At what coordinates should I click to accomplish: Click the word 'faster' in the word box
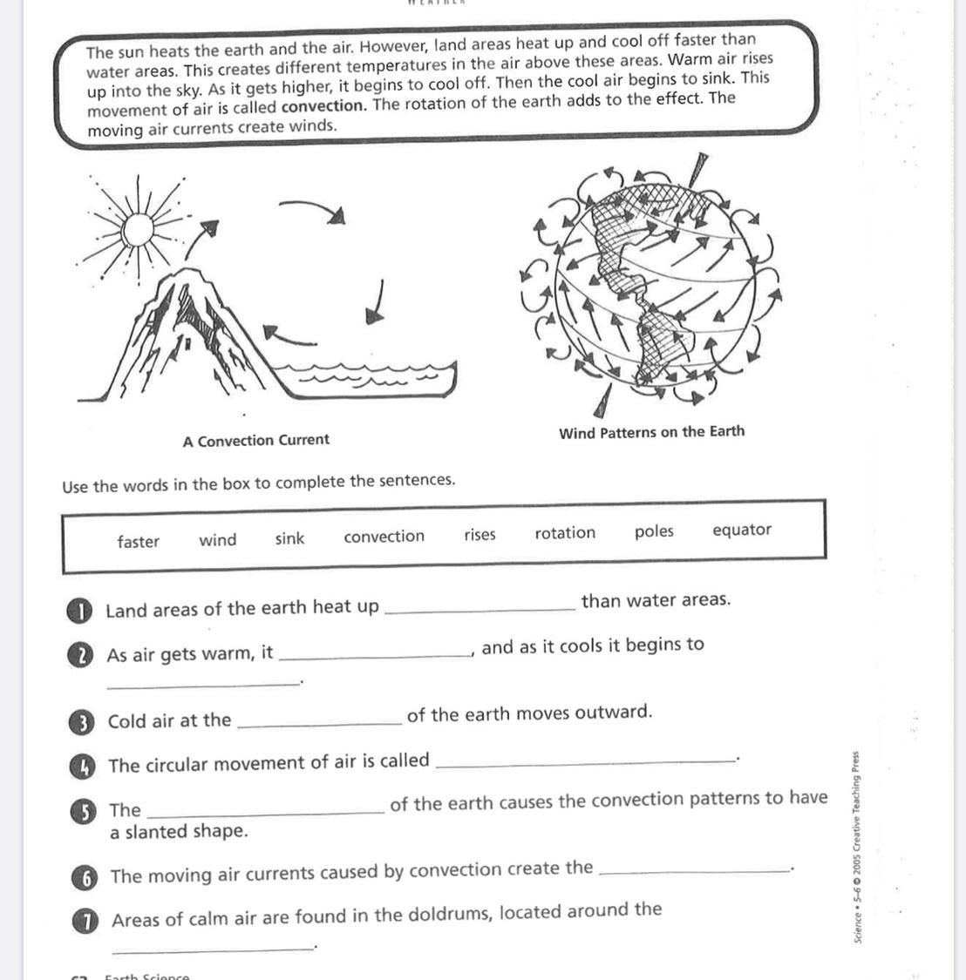[138, 542]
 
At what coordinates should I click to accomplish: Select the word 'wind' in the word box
[217, 540]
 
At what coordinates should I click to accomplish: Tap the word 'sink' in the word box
[289, 538]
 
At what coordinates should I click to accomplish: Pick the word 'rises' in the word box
[480, 535]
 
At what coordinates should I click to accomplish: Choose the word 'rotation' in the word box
[565, 533]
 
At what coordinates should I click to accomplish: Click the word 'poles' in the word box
[654, 531]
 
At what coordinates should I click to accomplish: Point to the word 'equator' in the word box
[742, 530]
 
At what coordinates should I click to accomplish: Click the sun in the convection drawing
[137, 230]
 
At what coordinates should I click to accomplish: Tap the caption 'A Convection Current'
[255, 441]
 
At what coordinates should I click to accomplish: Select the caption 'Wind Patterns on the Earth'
[651, 432]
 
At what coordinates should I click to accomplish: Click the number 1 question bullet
[79, 612]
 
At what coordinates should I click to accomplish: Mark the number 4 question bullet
[81, 766]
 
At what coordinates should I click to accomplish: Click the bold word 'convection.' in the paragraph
[323, 106]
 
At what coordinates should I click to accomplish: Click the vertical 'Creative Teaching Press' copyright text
[858, 845]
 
